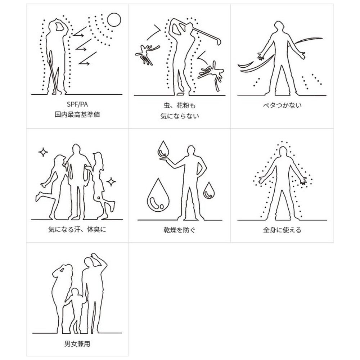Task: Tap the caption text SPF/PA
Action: (77, 104)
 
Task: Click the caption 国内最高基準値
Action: (77, 114)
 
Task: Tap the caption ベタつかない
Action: (282, 105)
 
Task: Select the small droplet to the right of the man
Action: (209, 190)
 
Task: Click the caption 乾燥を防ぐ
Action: (180, 230)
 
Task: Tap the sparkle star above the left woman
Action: (43, 152)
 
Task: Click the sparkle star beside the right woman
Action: (111, 182)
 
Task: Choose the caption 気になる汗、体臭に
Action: (77, 229)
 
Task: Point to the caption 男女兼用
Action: (77, 344)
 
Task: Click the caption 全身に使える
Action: (282, 230)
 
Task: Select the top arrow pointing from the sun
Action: (80, 32)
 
